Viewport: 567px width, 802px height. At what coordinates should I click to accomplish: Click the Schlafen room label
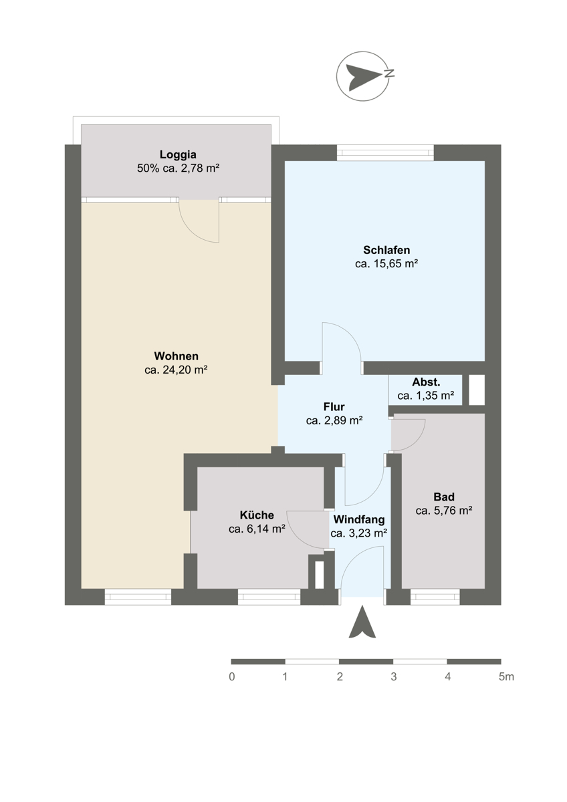pos(386,250)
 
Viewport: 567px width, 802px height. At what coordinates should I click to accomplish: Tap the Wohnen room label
pos(176,356)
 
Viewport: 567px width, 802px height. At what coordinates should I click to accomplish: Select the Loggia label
pos(178,154)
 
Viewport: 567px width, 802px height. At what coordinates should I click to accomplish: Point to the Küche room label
pos(257,515)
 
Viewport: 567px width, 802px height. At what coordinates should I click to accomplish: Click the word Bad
pos(444,497)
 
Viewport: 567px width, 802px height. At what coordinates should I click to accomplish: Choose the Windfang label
pos(359,519)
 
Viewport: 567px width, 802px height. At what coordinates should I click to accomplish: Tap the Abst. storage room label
pos(426,382)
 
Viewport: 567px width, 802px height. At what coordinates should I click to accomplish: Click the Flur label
pos(334,407)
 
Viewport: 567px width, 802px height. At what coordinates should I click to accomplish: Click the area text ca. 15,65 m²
pos(386,264)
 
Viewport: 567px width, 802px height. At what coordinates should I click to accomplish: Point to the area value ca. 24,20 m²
pos(176,370)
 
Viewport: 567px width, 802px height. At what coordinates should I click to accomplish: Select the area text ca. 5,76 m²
pos(444,511)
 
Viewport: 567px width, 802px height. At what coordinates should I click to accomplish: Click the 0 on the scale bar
pos(232,676)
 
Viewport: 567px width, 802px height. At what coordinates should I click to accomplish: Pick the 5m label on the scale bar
pos(506,676)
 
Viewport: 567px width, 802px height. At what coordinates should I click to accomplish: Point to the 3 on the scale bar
pos(394,676)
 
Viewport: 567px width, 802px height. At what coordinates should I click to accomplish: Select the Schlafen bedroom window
pos(385,152)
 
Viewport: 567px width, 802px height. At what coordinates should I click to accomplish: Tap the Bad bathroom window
pos(435,597)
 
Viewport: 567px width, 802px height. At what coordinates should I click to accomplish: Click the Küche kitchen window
pos(269,597)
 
